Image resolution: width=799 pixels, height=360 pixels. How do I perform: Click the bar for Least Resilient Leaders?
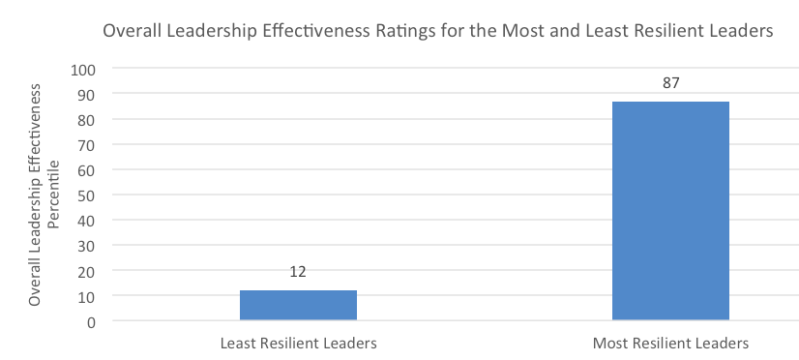coord(298,305)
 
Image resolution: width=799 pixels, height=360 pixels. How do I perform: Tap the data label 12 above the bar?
coord(298,274)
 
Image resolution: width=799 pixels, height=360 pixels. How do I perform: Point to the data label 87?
coord(670,84)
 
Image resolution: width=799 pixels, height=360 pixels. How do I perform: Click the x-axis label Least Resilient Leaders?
coord(298,344)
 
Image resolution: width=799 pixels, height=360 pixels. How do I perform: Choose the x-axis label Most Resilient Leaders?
coord(670,344)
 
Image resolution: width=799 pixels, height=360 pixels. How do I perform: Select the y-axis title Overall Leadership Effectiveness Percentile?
coord(44,195)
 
